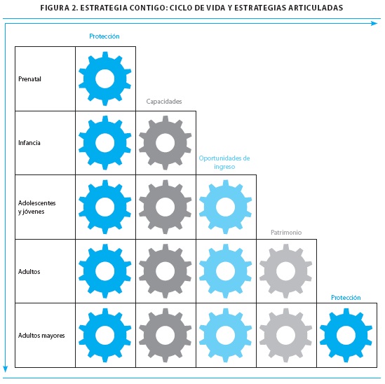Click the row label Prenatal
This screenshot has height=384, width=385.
29,79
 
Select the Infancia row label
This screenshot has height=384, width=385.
29,143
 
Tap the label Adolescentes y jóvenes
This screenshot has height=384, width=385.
37,207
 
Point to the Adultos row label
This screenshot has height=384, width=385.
29,272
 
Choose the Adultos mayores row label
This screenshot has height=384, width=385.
41,336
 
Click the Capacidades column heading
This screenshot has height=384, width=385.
164,102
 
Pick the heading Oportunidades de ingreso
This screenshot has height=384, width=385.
224,162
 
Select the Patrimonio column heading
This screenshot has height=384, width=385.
286,233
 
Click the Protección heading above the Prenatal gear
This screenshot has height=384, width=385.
104,36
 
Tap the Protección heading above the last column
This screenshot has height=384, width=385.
346,298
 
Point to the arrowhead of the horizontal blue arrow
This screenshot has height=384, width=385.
374,24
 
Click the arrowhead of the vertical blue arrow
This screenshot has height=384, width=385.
6,369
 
